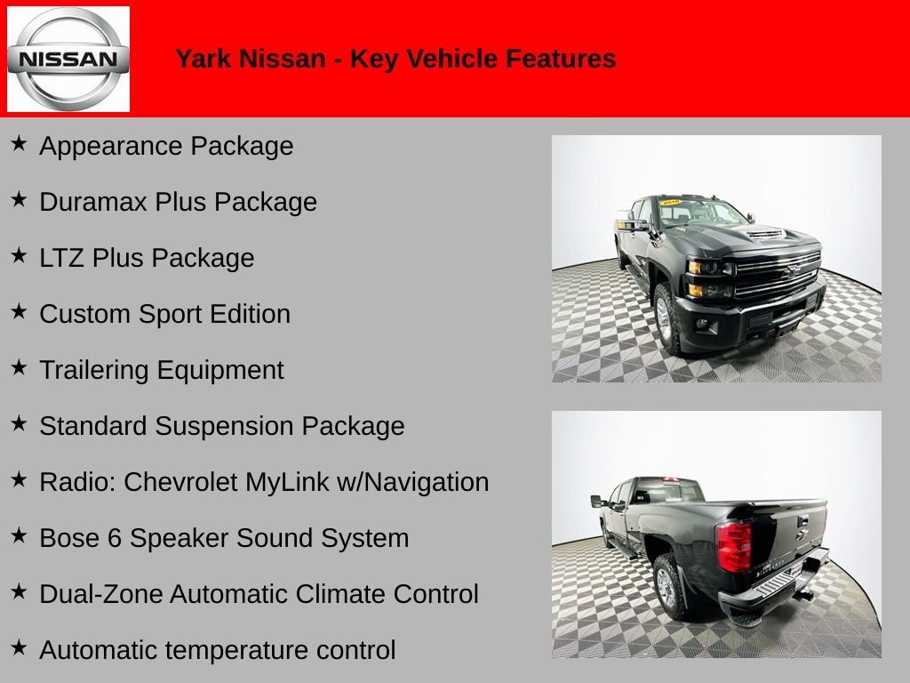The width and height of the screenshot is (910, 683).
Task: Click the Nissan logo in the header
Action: pos(68,60)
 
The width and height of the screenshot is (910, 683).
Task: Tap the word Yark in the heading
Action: pos(202,59)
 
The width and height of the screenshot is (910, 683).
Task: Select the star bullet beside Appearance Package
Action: pos(19,144)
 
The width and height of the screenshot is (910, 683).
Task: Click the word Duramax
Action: pos(93,202)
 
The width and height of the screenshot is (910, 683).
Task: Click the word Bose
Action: pos(68,538)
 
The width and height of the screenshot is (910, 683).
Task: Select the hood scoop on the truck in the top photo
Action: pos(764,235)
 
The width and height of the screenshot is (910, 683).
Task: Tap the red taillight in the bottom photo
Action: pos(734,545)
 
